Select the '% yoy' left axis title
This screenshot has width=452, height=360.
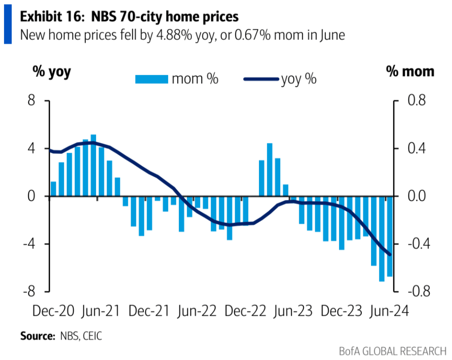[x=51, y=72]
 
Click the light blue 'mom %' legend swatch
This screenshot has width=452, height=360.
[x=151, y=80]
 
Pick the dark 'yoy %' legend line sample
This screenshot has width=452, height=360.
[x=261, y=80]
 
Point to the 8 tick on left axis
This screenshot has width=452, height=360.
[x=31, y=100]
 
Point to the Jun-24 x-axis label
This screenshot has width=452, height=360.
[x=389, y=310]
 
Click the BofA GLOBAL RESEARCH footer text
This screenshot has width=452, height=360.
[x=393, y=351]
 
